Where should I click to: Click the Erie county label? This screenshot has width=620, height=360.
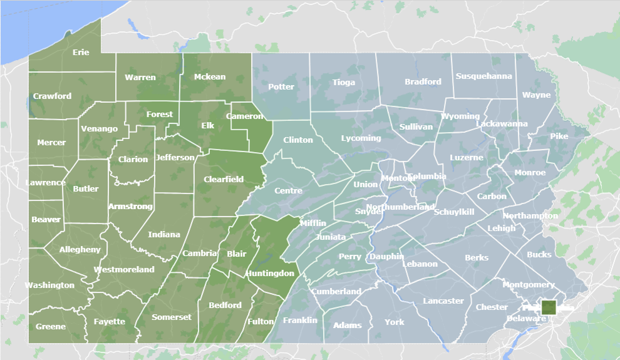click(x=81, y=53)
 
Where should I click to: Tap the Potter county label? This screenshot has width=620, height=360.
click(x=281, y=86)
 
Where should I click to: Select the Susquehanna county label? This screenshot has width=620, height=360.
click(x=483, y=76)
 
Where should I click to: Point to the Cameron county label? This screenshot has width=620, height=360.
click(x=244, y=116)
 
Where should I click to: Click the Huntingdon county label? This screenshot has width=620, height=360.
click(x=270, y=274)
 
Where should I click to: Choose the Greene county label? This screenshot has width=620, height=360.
click(x=50, y=327)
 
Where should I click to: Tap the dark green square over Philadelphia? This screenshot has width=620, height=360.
click(x=549, y=307)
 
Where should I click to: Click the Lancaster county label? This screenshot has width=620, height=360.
click(x=443, y=301)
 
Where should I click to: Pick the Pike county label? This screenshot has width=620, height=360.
click(x=559, y=136)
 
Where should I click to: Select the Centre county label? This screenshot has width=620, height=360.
click(x=288, y=191)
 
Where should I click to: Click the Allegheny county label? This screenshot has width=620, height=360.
click(x=80, y=250)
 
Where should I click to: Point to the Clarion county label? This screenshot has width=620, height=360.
click(x=133, y=160)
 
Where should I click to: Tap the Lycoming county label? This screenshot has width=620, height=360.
click(x=361, y=138)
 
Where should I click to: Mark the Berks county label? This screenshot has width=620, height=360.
click(x=477, y=258)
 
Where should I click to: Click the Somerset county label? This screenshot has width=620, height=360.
click(x=172, y=317)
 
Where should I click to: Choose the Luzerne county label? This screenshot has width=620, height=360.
click(x=467, y=158)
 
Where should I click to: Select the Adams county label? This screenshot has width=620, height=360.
click(x=347, y=326)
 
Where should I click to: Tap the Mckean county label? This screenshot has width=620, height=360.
click(x=210, y=77)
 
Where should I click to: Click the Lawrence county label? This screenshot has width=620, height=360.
click(x=46, y=183)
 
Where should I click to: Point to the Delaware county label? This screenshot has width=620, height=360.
click(x=526, y=319)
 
